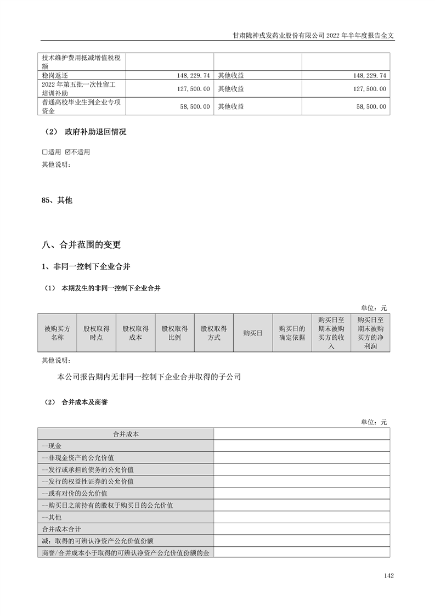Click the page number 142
click(x=389, y=576)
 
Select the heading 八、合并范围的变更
click(x=81, y=245)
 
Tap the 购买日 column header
click(x=253, y=333)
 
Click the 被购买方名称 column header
click(x=57, y=333)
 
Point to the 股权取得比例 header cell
click(x=174, y=333)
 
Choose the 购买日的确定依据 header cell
click(x=291, y=333)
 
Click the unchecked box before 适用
click(x=45, y=152)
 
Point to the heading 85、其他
click(x=57, y=201)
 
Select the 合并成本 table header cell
click(x=126, y=434)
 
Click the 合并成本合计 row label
click(x=62, y=529)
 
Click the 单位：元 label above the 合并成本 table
click(x=374, y=422)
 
